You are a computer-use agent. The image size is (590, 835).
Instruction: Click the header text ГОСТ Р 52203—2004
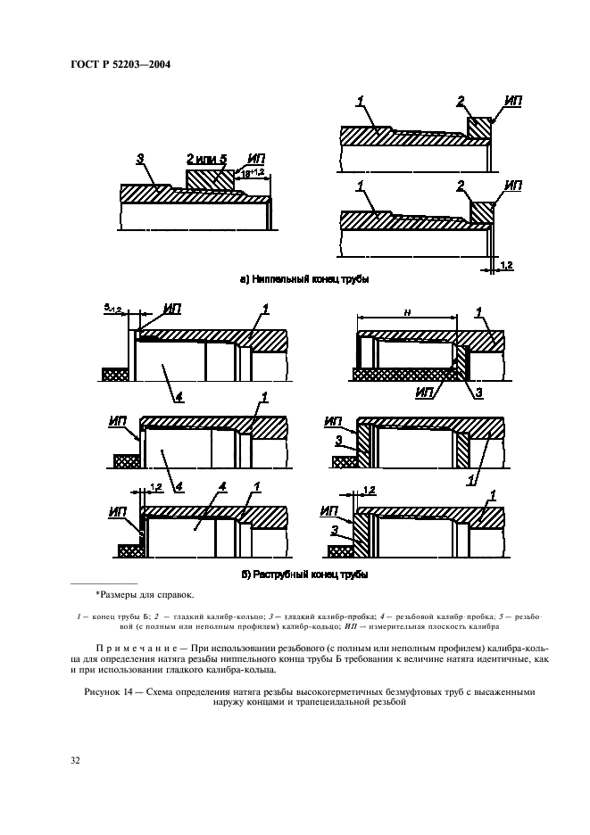pyautogui.click(x=120, y=64)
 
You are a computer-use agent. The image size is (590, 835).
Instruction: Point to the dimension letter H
pyautogui.click(x=406, y=312)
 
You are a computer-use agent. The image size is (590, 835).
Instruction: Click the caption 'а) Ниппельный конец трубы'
pyautogui.click(x=304, y=278)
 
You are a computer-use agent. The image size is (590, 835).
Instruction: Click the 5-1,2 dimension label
pyautogui.click(x=111, y=309)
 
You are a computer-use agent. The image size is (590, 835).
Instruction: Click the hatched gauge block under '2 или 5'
pyautogui.click(x=211, y=178)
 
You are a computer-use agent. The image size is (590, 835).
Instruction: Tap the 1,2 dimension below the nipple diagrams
pyautogui.click(x=505, y=266)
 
